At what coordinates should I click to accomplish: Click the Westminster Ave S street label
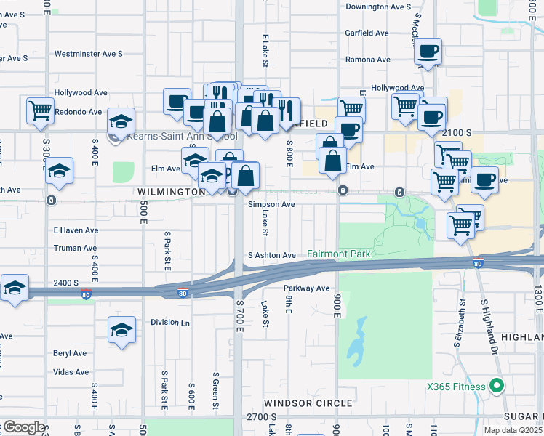[88, 54]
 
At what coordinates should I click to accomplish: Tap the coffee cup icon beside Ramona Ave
[428, 52]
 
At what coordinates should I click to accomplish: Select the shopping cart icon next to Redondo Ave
[40, 110]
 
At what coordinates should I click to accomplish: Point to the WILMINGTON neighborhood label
[172, 191]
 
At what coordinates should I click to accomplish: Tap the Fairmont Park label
[339, 254]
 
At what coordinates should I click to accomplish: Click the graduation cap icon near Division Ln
[121, 330]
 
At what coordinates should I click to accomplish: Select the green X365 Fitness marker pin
[497, 386]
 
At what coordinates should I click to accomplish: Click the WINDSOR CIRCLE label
[308, 403]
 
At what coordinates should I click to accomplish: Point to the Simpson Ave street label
[271, 205]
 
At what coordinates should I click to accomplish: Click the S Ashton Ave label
[271, 255]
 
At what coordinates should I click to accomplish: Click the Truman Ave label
[76, 248]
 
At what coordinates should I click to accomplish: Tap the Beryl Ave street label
[69, 353]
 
